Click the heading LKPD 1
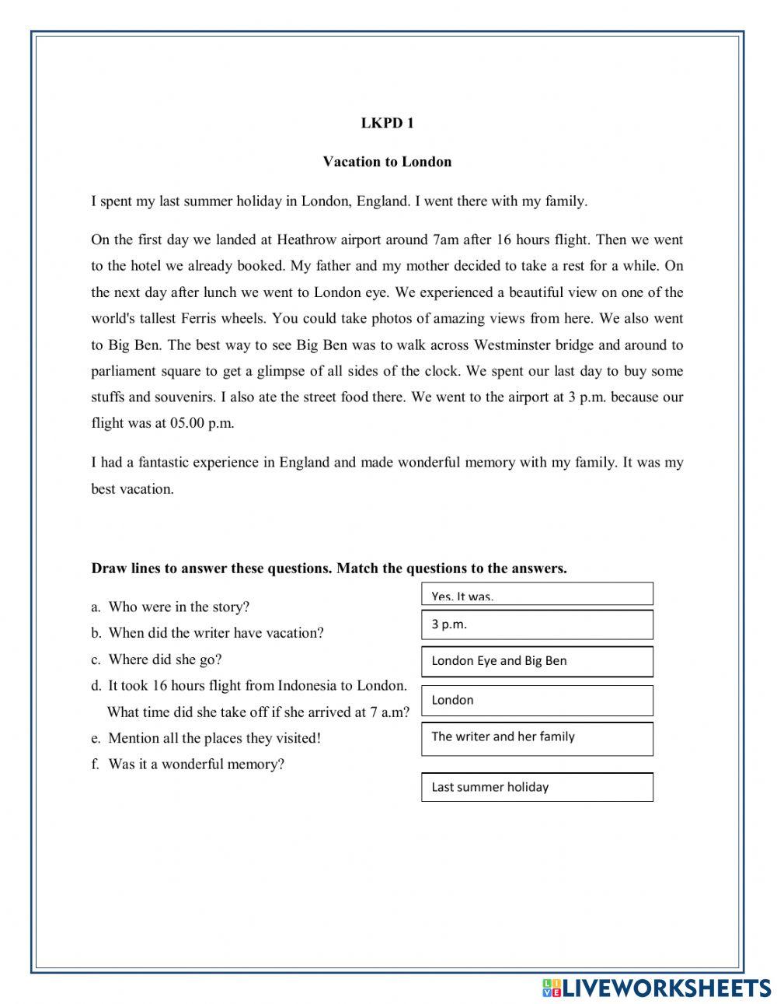tap(387, 123)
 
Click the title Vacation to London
tap(387, 162)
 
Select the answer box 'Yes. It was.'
tap(537, 594)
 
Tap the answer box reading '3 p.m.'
tap(537, 624)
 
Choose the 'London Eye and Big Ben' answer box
tap(537, 661)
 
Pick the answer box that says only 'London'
tap(537, 700)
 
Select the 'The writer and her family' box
tap(537, 738)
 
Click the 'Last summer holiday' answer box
tap(537, 787)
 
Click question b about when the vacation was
tap(215, 633)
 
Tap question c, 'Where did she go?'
tap(164, 659)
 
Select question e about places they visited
tap(214, 738)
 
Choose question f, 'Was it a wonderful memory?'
tap(196, 764)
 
